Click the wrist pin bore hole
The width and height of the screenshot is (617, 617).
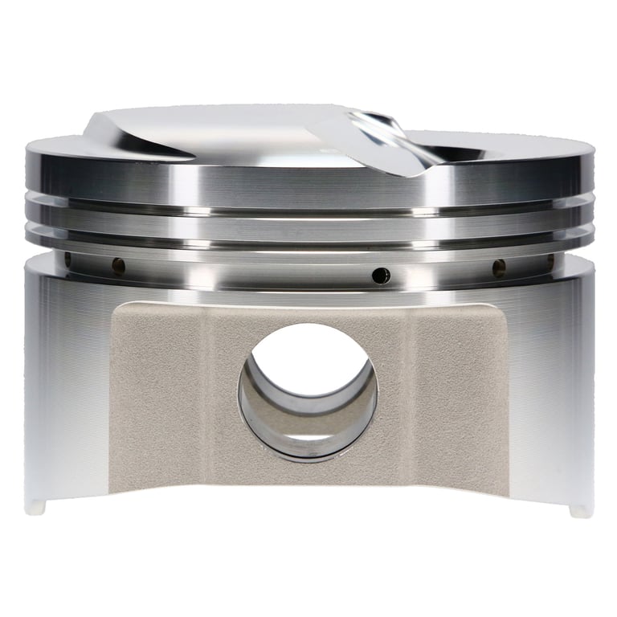308,391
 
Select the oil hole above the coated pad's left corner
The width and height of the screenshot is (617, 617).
118,264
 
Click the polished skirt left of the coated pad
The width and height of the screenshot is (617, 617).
64,386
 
